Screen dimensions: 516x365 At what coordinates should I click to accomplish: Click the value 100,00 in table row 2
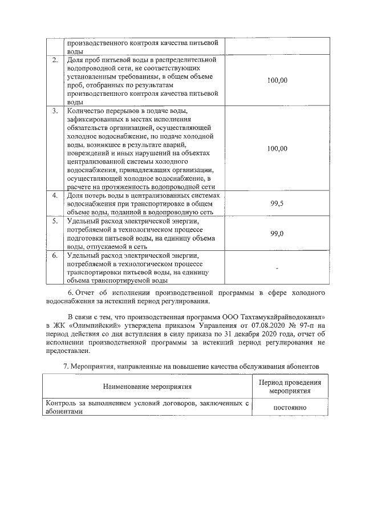[277, 80]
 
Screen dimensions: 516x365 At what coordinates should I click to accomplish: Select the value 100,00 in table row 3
[277, 148]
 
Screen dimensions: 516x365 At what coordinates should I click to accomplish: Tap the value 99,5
[277, 204]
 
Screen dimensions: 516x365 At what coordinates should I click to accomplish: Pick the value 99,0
[277, 234]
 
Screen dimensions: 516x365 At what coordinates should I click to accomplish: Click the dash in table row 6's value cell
[277, 267]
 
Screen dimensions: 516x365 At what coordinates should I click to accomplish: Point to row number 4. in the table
[55, 196]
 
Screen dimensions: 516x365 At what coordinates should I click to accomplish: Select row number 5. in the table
[55, 221]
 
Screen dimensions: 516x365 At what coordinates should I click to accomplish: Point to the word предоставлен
[64, 352]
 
